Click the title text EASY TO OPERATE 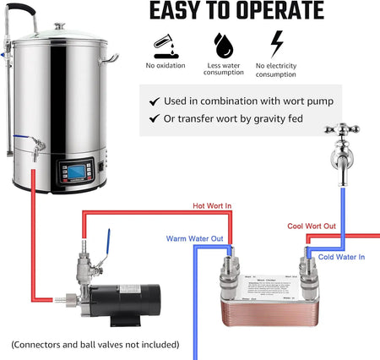coord(236,11)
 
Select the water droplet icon coord(223,43)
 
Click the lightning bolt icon coord(275,43)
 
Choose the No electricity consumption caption coord(275,69)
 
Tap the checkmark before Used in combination coord(154,101)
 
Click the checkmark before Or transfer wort coord(154,118)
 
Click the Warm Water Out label coord(194,238)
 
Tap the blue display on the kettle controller coord(74,170)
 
